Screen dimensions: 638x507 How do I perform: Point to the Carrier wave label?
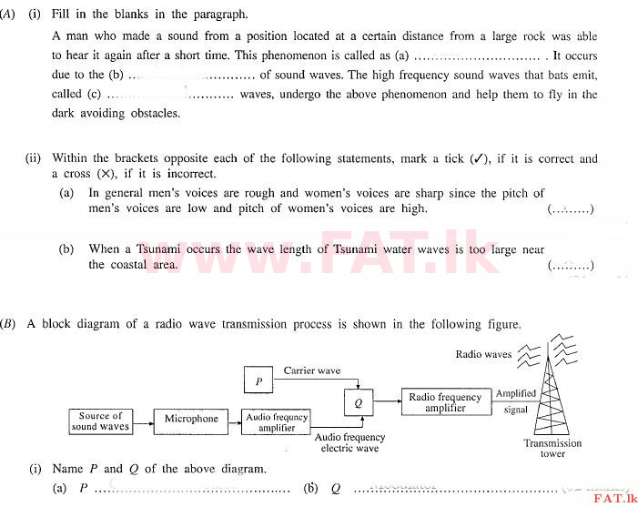coord(312,370)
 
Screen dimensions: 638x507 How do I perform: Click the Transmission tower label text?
coord(552,448)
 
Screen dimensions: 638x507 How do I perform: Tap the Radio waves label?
coord(483,354)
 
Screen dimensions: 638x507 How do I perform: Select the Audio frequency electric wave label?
coord(349,442)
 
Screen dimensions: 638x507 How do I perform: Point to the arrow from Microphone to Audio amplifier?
coord(235,422)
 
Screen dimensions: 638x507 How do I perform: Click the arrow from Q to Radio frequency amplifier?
coord(388,401)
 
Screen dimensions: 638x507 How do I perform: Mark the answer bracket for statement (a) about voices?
coord(571,209)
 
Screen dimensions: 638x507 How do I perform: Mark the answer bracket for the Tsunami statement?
coord(571,266)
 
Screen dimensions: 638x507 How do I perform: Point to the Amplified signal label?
coord(515,401)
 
